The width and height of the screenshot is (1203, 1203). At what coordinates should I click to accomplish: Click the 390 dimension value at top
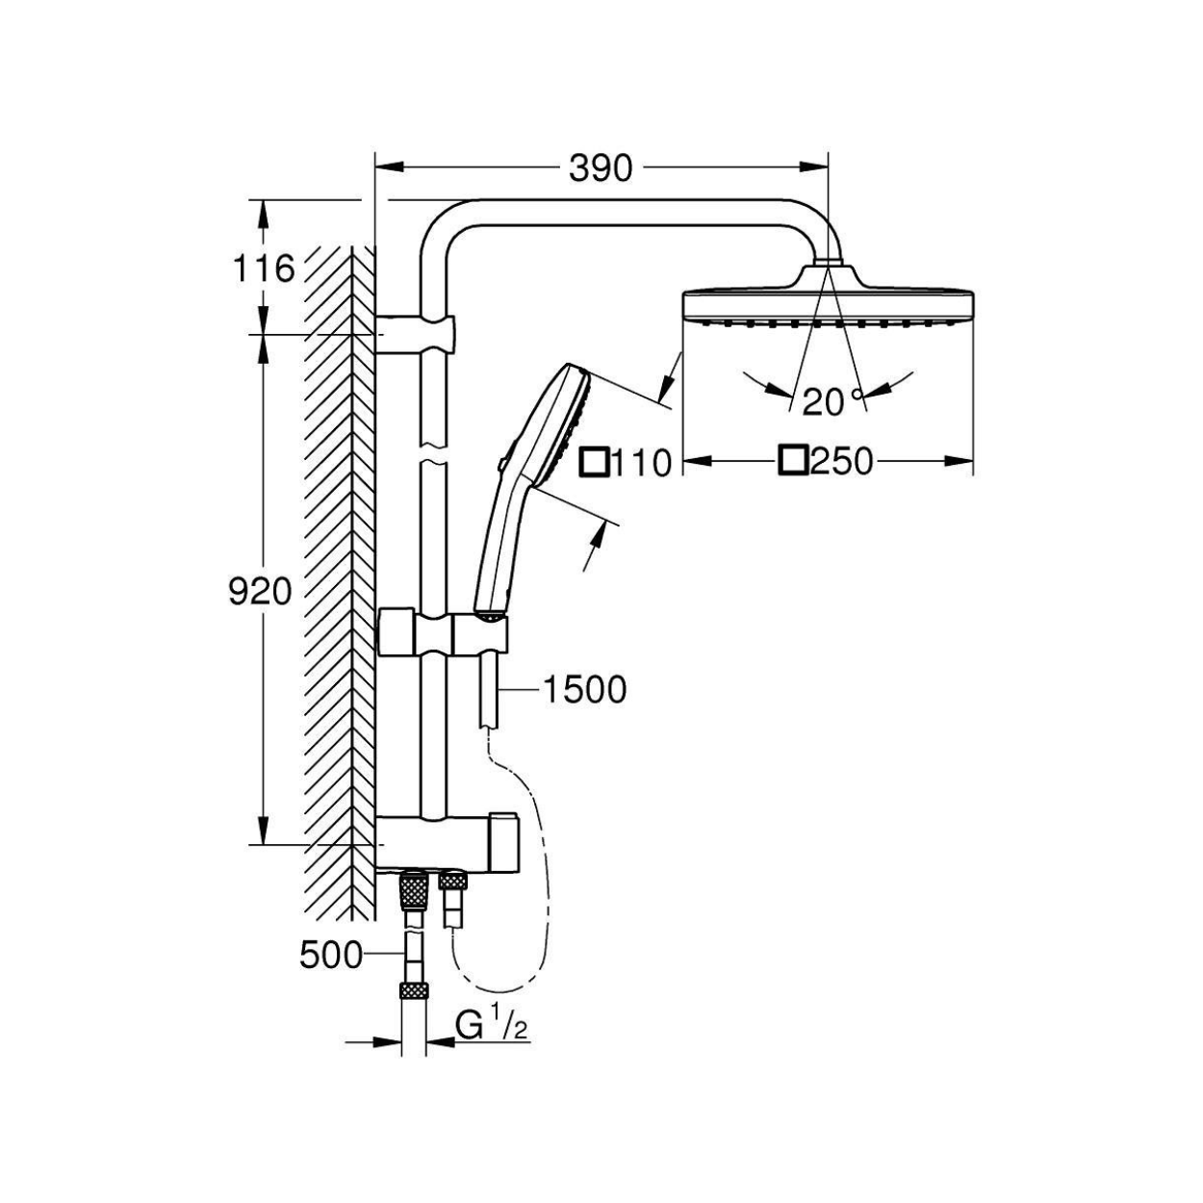pos(601,169)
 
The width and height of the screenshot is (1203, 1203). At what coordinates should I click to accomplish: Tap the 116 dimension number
pos(263,269)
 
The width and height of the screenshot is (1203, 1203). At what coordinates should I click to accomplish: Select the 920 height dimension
pos(260,592)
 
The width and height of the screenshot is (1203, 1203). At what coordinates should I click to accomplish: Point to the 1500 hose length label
pos(585,690)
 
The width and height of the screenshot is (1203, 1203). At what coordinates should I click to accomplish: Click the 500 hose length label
pos(331,972)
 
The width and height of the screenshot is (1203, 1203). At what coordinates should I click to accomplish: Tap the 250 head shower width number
pos(841,462)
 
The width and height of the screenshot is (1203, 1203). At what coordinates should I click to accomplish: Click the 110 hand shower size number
pos(640,463)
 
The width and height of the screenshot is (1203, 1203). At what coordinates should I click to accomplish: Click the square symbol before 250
pos(793,461)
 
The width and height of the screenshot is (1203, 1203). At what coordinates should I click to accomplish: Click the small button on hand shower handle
pos(500,463)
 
